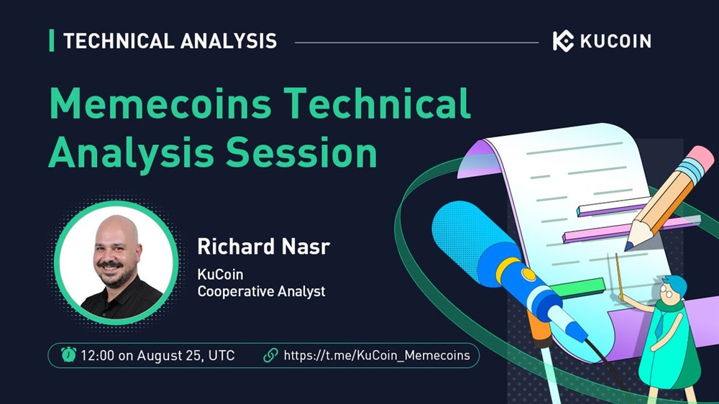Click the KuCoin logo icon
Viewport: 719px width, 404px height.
tap(563, 41)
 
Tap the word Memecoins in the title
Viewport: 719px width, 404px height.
tap(160, 104)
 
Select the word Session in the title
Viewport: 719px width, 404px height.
tap(302, 152)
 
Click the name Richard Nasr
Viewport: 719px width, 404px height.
tap(264, 247)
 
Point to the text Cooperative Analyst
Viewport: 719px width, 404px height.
tap(262, 291)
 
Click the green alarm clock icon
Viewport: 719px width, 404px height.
tap(69, 354)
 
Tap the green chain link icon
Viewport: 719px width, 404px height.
tap(270, 355)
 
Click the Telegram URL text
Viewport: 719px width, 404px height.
tap(377, 355)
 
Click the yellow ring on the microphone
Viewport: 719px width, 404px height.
tap(508, 270)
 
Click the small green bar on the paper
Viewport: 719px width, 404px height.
tap(577, 288)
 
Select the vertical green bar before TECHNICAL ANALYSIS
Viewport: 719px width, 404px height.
tap(51, 40)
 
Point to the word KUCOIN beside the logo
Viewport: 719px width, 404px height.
tap(615, 41)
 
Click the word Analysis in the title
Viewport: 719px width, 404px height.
tap(131, 153)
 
